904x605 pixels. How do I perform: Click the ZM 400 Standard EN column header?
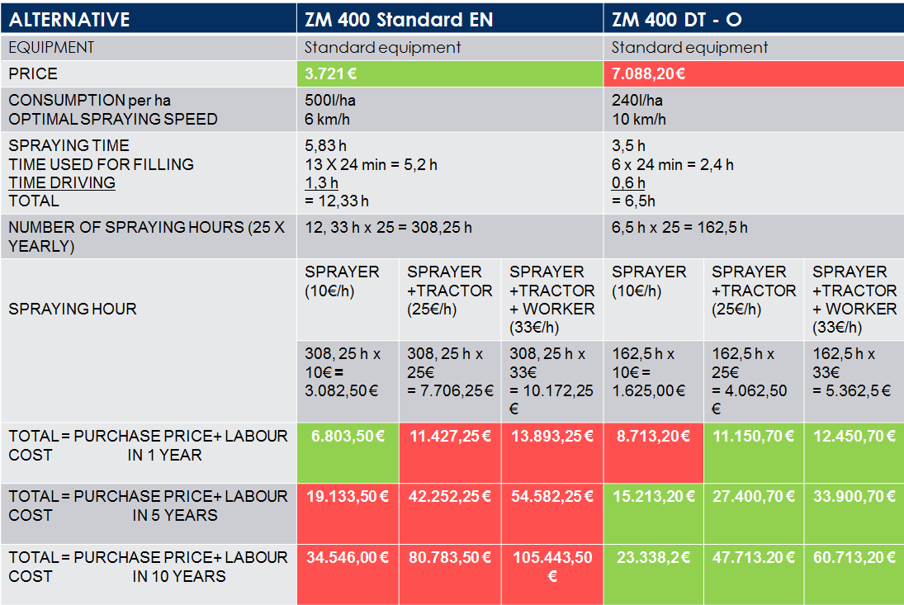(x=399, y=19)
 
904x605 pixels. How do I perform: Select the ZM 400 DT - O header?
(x=677, y=19)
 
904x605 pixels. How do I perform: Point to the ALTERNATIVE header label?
(x=69, y=19)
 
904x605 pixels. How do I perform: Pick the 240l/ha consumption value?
(x=637, y=101)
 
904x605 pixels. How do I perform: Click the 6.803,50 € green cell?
(x=348, y=436)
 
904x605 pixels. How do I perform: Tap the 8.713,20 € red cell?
(x=654, y=436)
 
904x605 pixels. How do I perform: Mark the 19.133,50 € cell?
(x=348, y=496)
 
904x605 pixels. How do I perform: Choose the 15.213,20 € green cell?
(x=654, y=496)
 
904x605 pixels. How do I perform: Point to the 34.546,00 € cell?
(x=348, y=557)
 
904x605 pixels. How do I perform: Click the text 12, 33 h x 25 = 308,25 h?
(x=388, y=227)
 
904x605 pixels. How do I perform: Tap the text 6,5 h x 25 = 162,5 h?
(x=679, y=227)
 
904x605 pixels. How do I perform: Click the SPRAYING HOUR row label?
(x=73, y=309)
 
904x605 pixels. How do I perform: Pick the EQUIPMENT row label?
(x=51, y=47)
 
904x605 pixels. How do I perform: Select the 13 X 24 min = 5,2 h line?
(x=371, y=164)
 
